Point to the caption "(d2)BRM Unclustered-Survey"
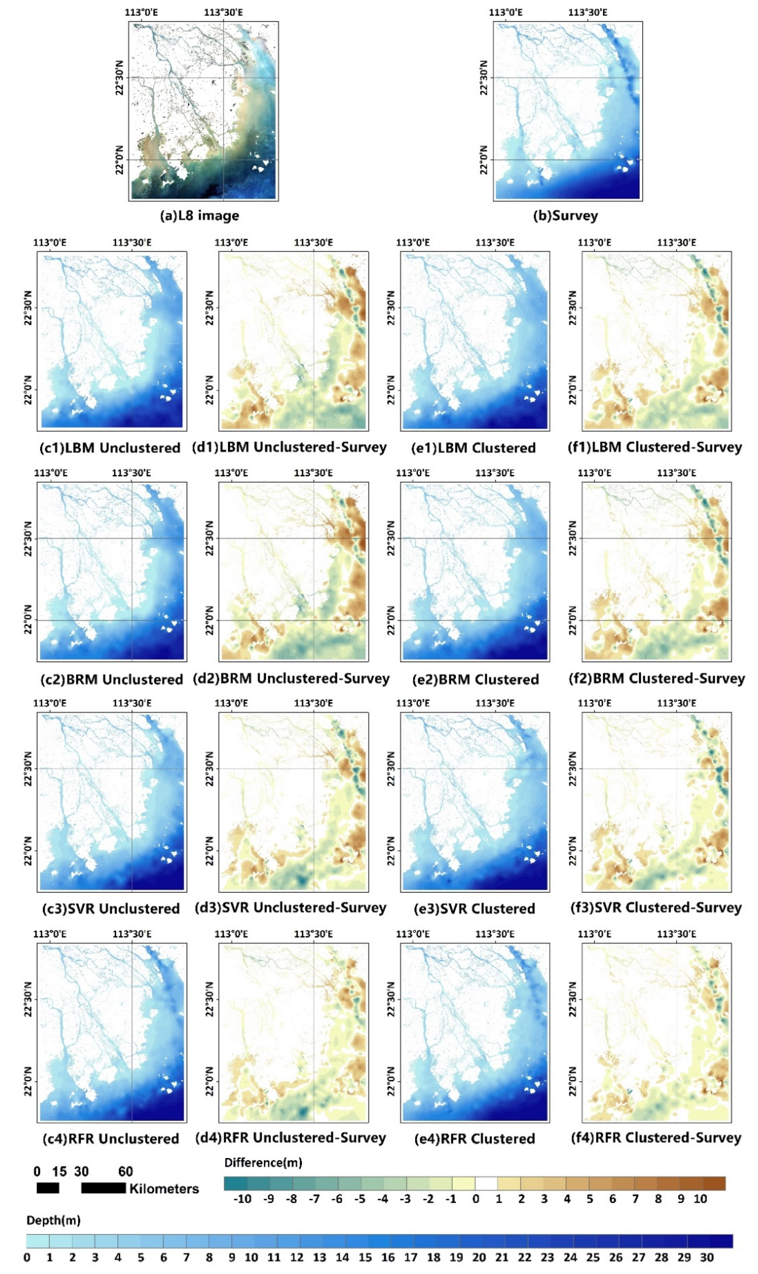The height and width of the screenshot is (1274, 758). pos(291,679)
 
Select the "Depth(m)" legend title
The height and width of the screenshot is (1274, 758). pos(53,1221)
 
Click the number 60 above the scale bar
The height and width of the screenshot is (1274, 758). pos(126,1171)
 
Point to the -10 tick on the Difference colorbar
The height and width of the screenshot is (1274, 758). pos(242,1199)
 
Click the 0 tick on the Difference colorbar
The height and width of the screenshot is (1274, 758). pos(476,1199)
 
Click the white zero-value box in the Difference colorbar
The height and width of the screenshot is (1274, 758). pos(486,1183)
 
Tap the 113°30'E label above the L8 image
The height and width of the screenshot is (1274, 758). pos(223,12)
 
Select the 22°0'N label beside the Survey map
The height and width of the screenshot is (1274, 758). pos(484,160)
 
